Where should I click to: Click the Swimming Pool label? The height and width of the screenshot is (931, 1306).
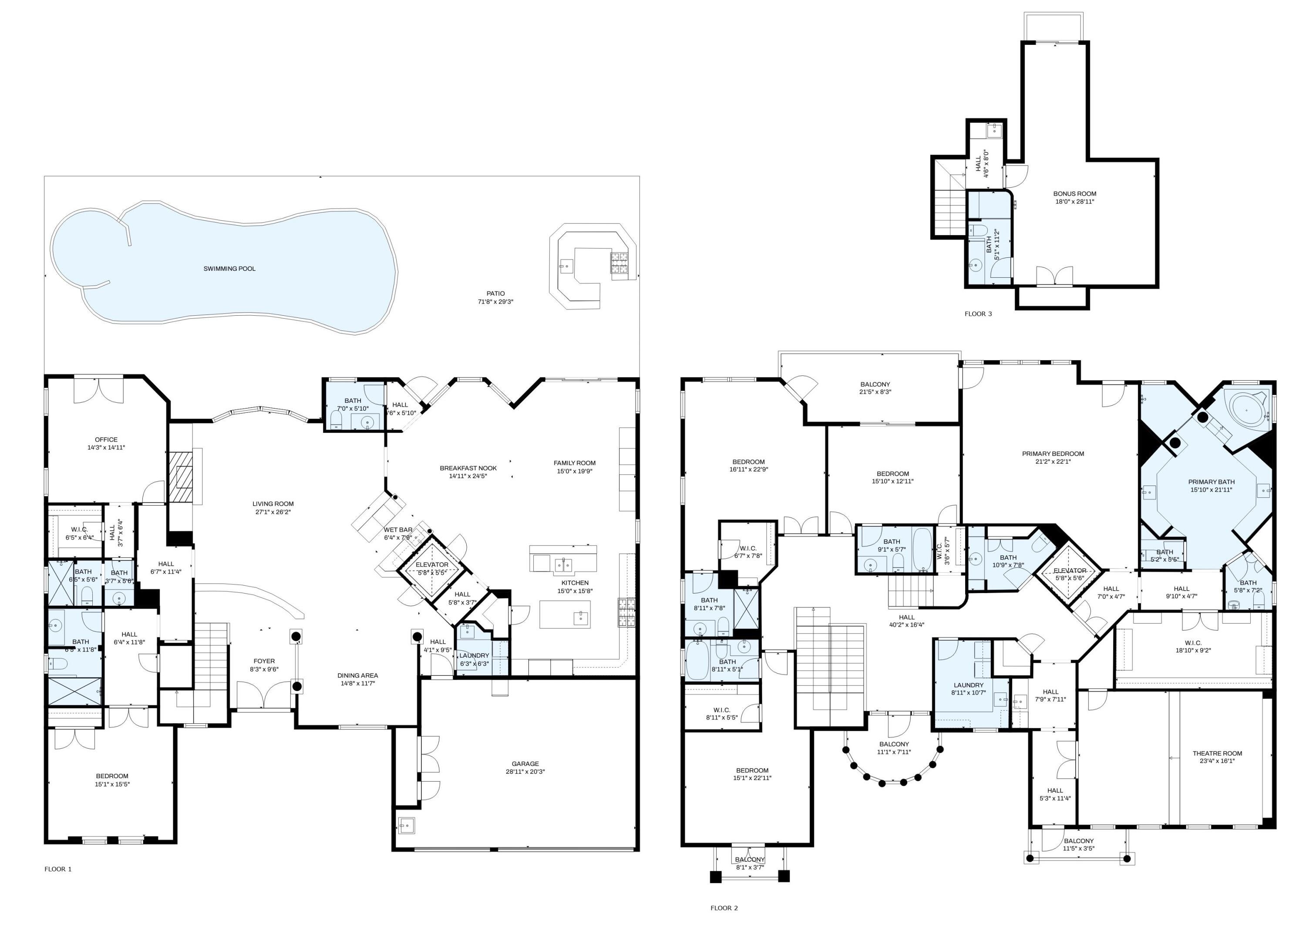point(229,269)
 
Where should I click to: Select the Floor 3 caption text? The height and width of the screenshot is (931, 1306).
point(978,314)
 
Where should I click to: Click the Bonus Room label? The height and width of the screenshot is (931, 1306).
point(1074,194)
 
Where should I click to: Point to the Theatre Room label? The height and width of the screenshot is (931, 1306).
point(1217,753)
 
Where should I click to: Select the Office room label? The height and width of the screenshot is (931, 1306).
point(106,440)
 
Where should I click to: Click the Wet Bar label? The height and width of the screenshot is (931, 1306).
point(398,530)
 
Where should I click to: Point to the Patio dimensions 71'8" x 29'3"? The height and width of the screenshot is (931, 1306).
point(495,301)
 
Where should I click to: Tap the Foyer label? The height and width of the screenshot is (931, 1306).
point(264,661)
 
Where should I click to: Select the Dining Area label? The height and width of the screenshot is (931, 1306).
point(357,675)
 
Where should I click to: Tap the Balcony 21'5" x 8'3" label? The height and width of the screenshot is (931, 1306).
point(875,385)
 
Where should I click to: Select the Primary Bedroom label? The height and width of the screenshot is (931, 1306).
point(1053,453)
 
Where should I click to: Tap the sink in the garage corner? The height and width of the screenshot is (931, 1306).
point(406,826)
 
